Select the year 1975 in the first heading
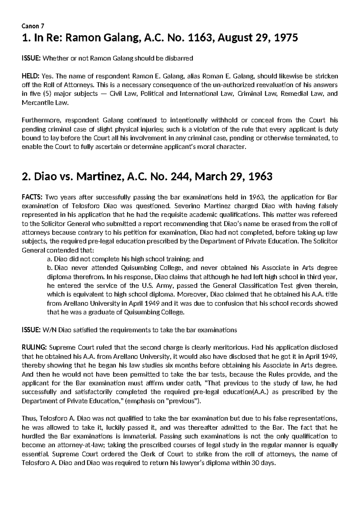(285, 38)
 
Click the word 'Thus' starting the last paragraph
(28, 418)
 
